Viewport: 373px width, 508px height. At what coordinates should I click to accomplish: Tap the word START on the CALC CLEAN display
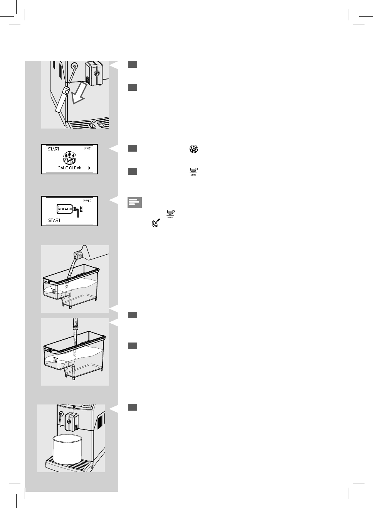(54, 149)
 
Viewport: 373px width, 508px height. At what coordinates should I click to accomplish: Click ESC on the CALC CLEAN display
(88, 149)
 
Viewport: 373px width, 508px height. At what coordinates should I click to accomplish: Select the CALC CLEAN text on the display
(70, 168)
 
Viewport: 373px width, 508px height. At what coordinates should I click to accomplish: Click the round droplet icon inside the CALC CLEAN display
(70, 158)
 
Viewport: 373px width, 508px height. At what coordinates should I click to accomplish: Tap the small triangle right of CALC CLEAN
(89, 168)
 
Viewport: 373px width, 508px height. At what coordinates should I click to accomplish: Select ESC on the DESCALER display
(87, 201)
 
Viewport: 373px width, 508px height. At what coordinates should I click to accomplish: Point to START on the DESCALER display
(54, 221)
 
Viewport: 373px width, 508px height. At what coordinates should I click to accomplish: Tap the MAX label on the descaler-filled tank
(47, 282)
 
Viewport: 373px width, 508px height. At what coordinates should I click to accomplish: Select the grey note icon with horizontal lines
(134, 202)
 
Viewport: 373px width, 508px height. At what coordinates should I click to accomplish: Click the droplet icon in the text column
(193, 149)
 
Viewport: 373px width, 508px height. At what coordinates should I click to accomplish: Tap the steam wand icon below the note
(156, 223)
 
